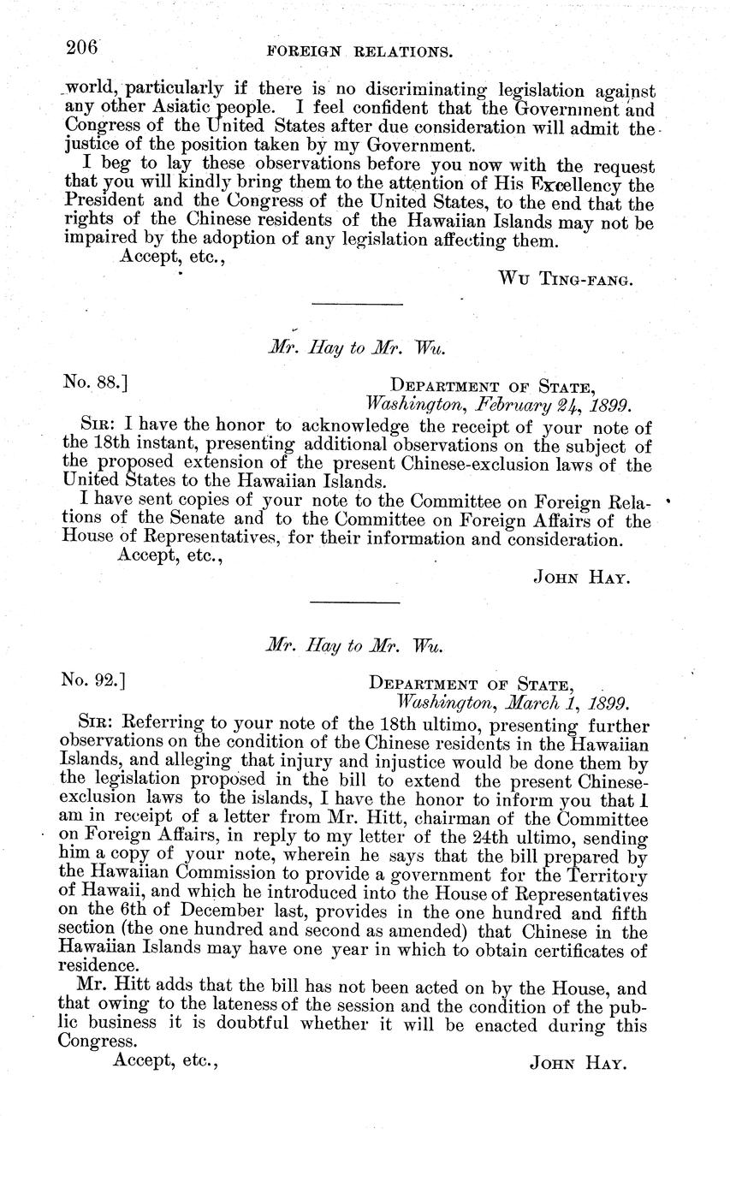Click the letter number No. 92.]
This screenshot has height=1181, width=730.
pos(94,681)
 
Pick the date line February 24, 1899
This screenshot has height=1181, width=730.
pos(498,403)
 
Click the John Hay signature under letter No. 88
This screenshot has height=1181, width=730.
pos(582,578)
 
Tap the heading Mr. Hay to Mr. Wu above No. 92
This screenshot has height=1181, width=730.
pos(354,646)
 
